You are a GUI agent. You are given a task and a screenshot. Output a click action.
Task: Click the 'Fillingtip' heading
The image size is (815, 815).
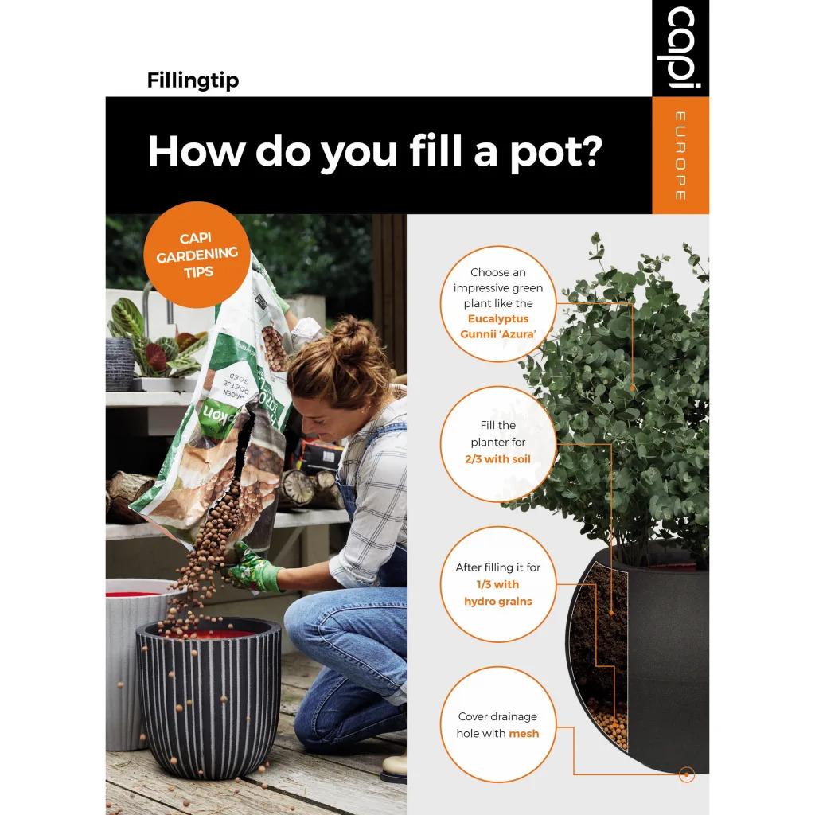click(x=193, y=80)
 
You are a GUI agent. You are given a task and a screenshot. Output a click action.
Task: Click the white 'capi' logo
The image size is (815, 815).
click(x=680, y=48)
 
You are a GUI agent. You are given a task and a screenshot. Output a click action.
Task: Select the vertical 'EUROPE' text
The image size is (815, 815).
click(x=680, y=156)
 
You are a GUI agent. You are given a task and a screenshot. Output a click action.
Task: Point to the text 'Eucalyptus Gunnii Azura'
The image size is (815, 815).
click(x=498, y=326)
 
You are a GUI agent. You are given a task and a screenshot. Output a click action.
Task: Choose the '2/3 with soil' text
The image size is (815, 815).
click(x=497, y=459)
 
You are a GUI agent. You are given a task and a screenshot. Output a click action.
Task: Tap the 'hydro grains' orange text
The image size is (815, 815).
click(x=497, y=601)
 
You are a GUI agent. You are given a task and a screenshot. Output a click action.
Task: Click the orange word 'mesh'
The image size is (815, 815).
click(x=524, y=733)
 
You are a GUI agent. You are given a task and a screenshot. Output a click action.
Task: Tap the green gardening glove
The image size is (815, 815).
click(x=253, y=567)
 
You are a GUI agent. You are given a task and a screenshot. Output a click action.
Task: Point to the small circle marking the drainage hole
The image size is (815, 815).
click(x=685, y=774)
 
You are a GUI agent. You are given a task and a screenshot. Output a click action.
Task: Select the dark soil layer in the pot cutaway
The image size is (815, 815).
click(x=605, y=629)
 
